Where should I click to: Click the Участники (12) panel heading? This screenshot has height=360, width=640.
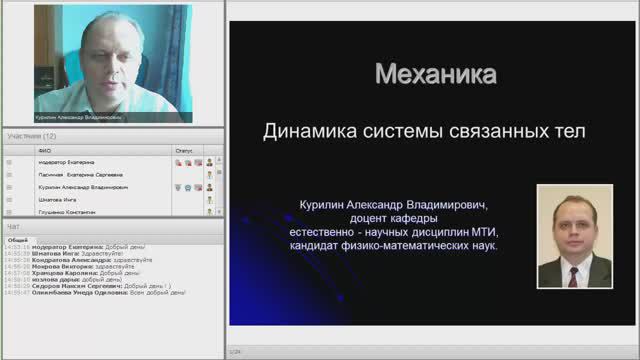coord(32,136)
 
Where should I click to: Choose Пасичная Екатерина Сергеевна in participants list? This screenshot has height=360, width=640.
coord(80,174)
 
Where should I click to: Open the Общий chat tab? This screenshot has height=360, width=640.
coord(18,240)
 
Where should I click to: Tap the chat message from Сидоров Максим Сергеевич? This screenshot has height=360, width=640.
coord(100,286)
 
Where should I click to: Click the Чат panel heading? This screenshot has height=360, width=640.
coord(14,227)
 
